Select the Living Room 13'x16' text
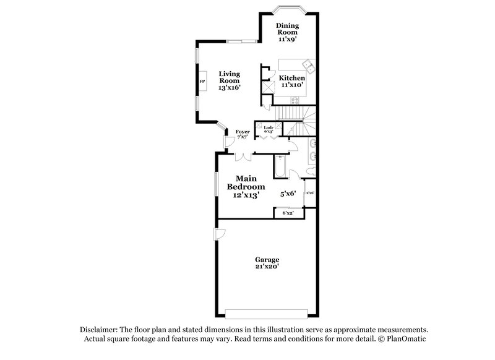(229, 81)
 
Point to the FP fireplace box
(202, 82)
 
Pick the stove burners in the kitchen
(268, 87)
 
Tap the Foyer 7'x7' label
(242, 135)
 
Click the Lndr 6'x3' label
(269, 129)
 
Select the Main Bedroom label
(246, 186)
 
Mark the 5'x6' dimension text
(288, 194)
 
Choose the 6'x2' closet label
(288, 213)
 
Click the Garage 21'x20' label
(267, 264)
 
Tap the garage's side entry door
(220, 235)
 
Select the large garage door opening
(267, 311)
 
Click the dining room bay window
(288, 8)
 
